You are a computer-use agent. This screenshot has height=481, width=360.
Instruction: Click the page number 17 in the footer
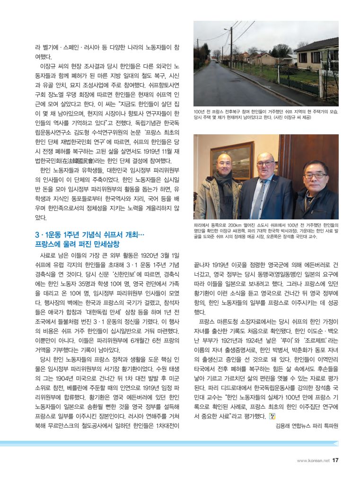(x=335, y=459)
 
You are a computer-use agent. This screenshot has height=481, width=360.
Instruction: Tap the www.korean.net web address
(x=313, y=460)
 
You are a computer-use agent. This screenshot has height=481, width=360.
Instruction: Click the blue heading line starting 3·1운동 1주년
(x=89, y=235)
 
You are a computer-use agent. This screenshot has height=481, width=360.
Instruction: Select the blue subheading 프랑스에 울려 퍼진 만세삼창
(x=77, y=245)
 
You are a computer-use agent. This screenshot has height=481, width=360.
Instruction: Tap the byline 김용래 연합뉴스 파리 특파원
(x=307, y=425)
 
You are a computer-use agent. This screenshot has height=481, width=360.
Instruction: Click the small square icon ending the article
(x=271, y=416)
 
